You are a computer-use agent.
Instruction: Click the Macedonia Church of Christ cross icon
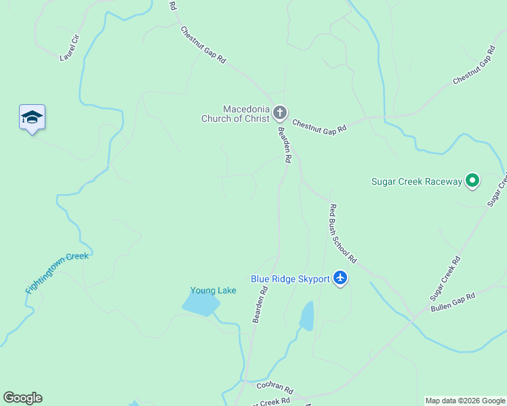[x=279, y=113]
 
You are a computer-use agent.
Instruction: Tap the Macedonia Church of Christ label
[x=236, y=114]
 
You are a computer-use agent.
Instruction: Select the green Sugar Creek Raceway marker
[x=472, y=181]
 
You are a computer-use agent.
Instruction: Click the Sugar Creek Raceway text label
[x=416, y=181]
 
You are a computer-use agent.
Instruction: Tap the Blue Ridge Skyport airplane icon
[x=340, y=278]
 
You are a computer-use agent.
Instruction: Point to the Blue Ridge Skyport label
[x=290, y=279]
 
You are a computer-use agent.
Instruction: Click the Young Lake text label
[x=213, y=291]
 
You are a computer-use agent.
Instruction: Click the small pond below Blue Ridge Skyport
[x=307, y=316]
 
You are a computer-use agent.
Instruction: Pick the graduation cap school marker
[x=32, y=117]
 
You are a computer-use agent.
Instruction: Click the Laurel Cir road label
[x=70, y=47]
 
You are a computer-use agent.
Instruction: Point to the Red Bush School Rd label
[x=342, y=233]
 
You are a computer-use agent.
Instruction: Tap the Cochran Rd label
[x=275, y=388]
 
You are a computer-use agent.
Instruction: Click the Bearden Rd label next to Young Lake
[x=260, y=304]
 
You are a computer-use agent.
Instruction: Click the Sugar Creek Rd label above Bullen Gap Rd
[x=445, y=278]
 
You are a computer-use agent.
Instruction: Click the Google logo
[x=22, y=398]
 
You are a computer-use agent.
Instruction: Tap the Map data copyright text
[x=465, y=401]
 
